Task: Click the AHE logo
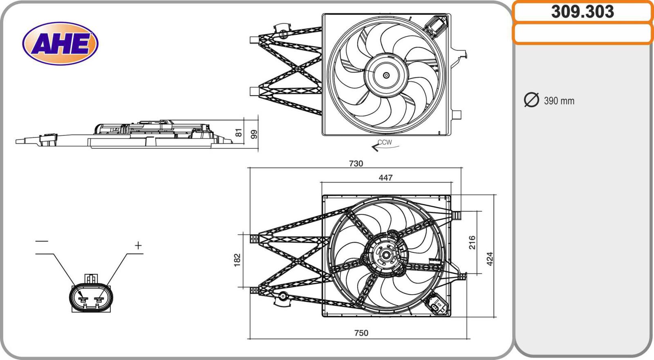point(60,43)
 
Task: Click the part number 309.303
point(582,12)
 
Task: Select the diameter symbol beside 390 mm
point(531,100)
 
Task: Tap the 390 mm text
point(559,101)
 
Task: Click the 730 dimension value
point(356,163)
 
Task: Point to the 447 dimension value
point(385,178)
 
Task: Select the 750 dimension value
point(361,333)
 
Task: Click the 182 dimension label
point(237,260)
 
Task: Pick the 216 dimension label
point(472,243)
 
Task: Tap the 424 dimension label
point(490,259)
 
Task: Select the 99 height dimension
point(254,134)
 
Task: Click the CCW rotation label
point(385,142)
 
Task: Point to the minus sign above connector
point(42,241)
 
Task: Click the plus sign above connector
point(138,246)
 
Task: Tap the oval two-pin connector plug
point(91,298)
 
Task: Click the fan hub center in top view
point(386,75)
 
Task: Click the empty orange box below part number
point(582,34)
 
